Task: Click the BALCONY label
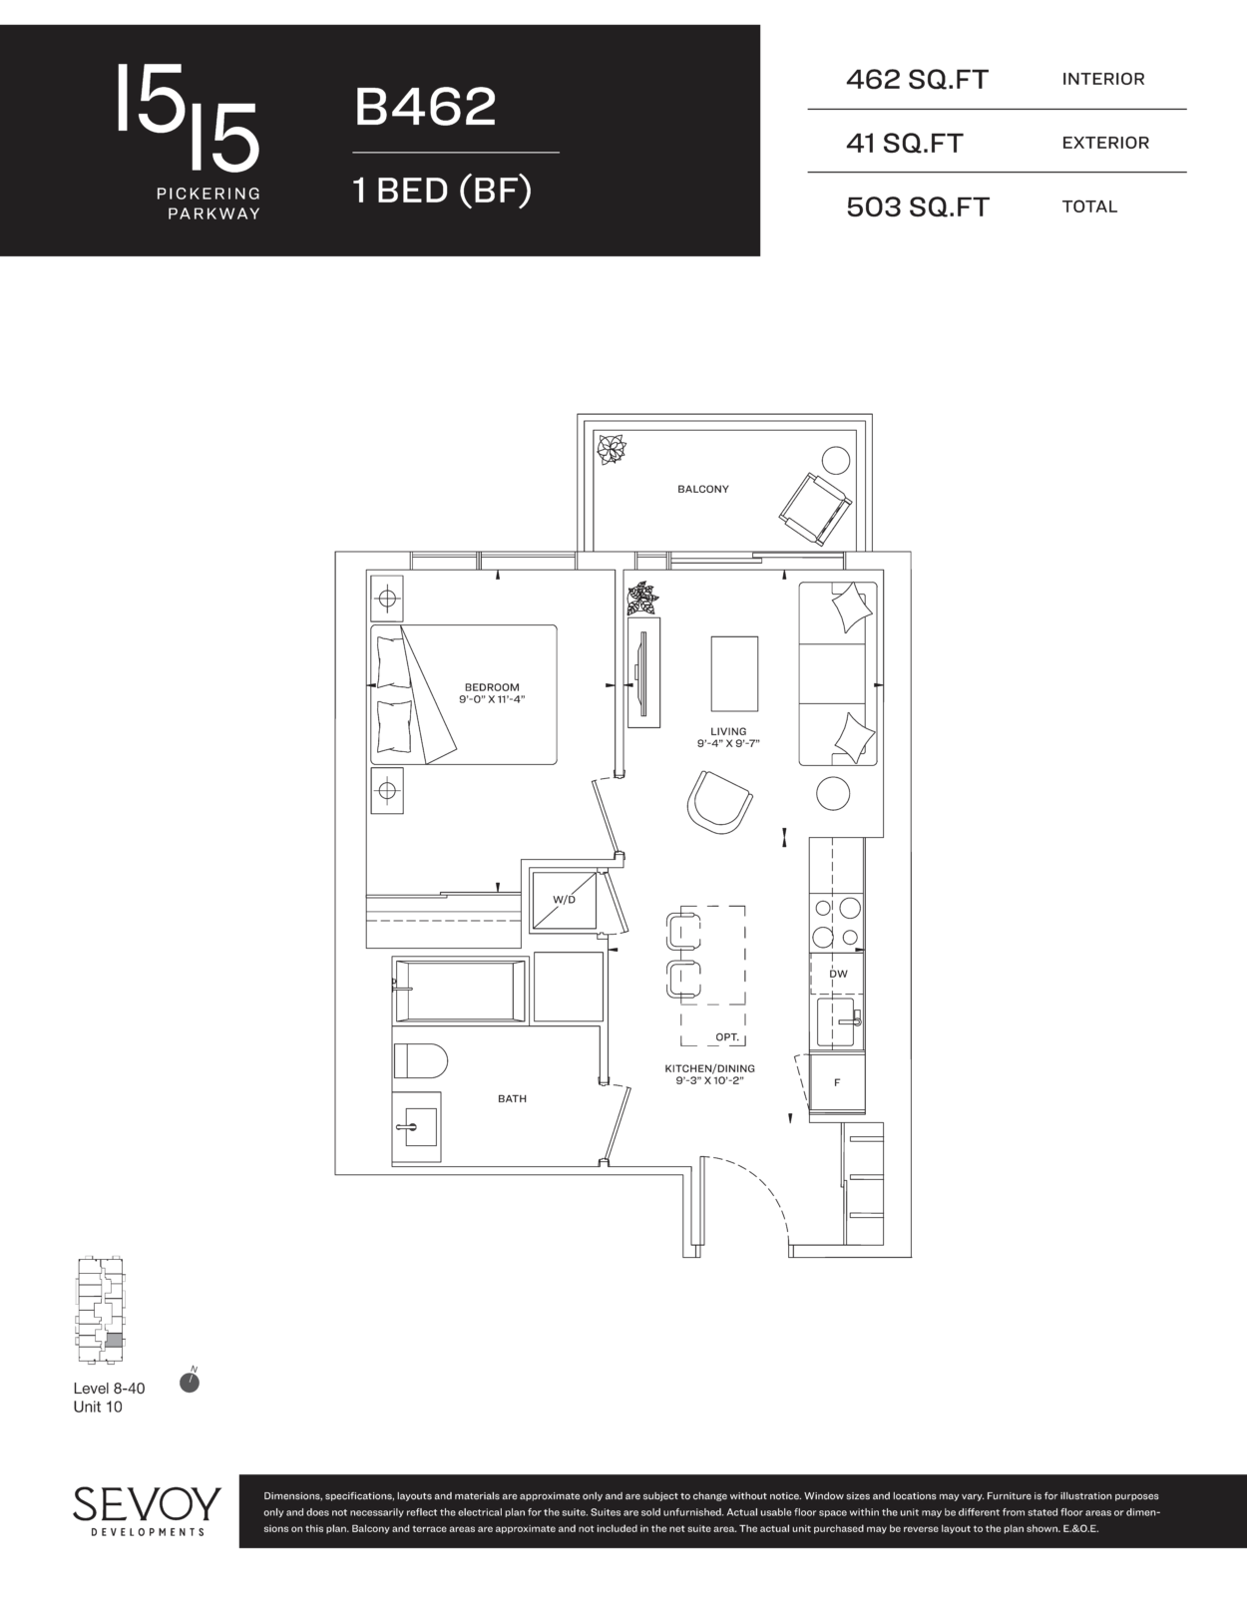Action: click(x=702, y=489)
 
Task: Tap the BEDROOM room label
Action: click(x=492, y=687)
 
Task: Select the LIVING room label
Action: click(x=728, y=731)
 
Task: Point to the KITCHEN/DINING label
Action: click(x=709, y=1068)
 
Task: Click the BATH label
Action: click(x=512, y=1098)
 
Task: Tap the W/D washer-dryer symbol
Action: click(x=564, y=900)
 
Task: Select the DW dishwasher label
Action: click(x=838, y=974)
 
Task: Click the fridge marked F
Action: click(x=837, y=1083)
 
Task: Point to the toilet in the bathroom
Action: click(x=420, y=1060)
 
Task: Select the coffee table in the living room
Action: click(x=734, y=673)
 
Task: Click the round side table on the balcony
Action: click(x=836, y=461)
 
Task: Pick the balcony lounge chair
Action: click(x=815, y=509)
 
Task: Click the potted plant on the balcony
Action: click(x=610, y=449)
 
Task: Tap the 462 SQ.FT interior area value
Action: click(x=917, y=79)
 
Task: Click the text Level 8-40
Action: click(x=109, y=1389)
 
